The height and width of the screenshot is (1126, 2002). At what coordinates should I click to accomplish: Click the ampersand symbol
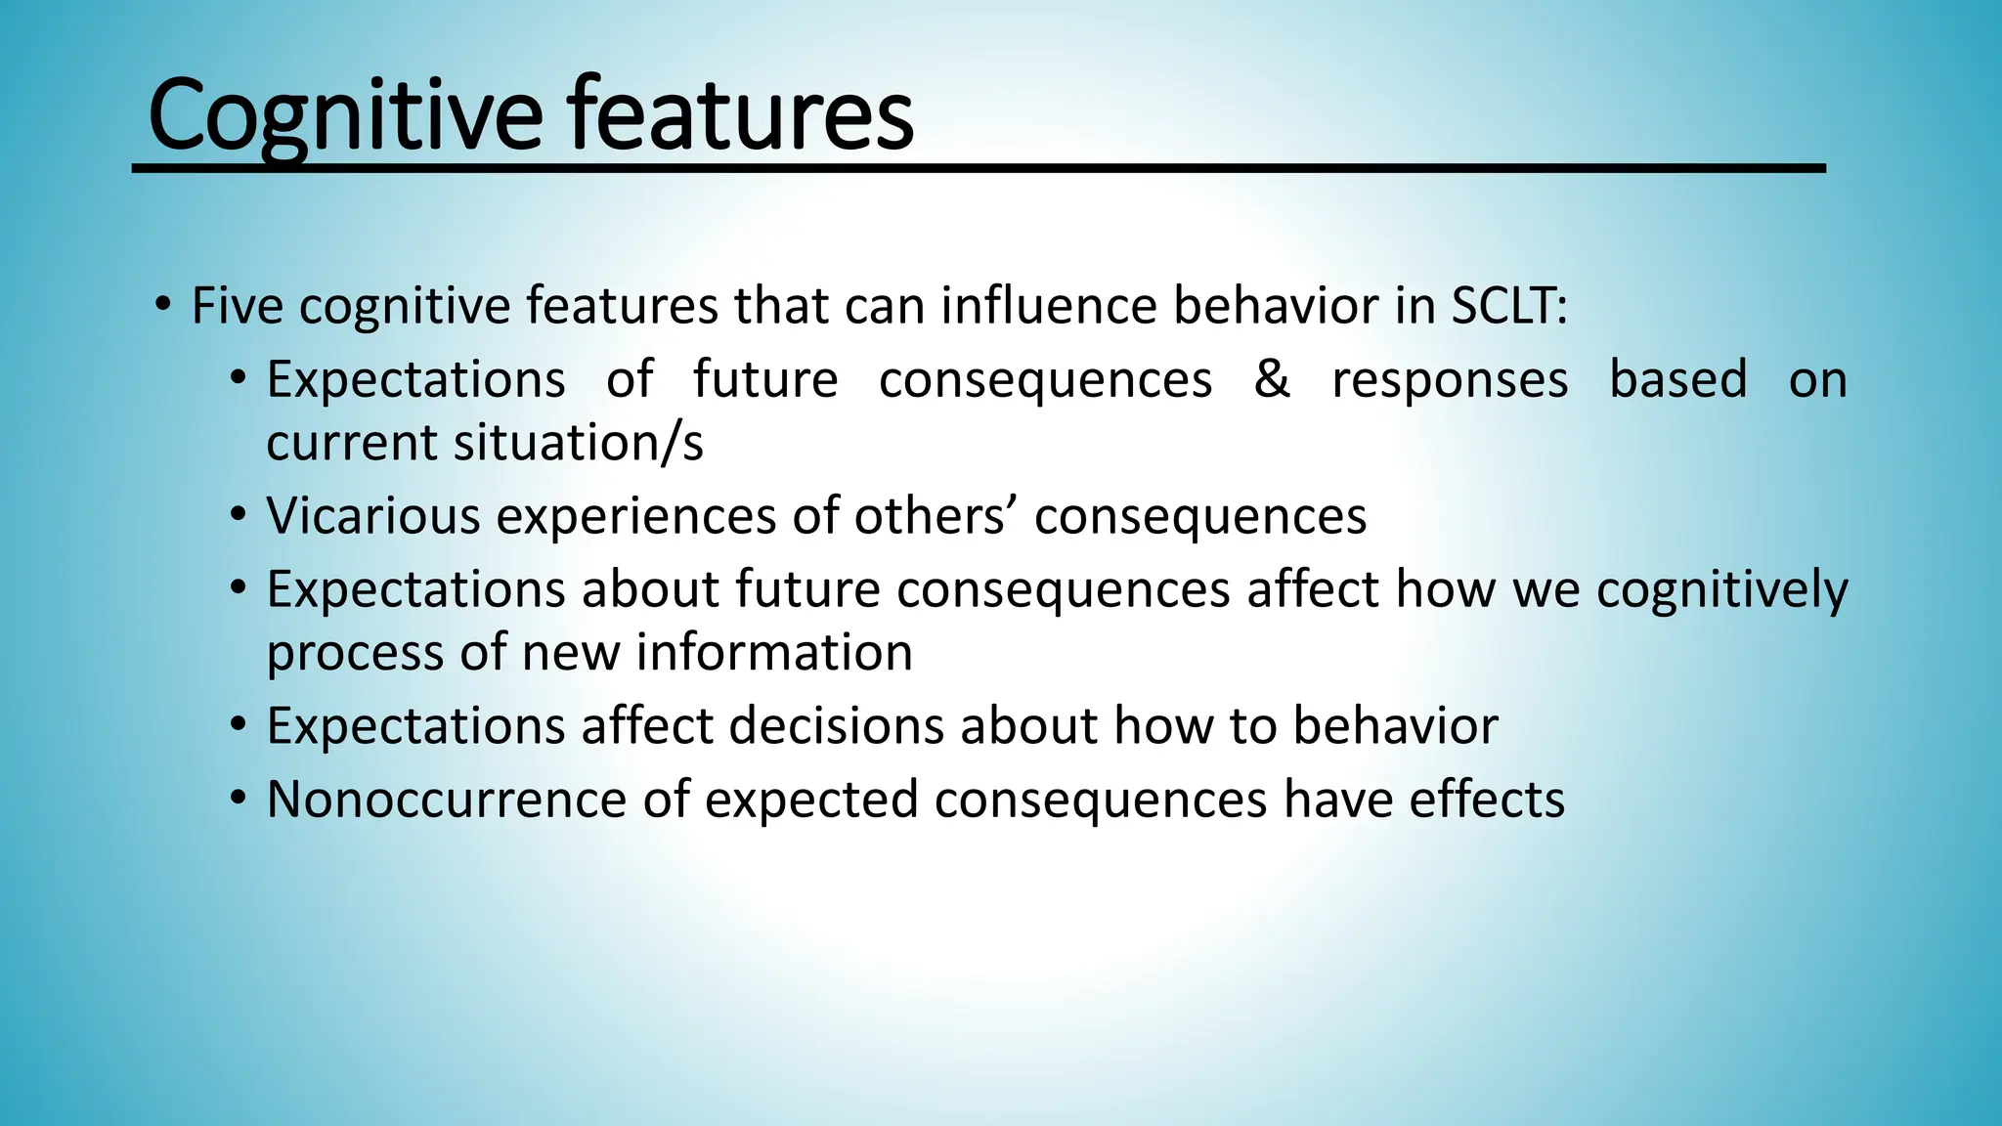[1272, 379]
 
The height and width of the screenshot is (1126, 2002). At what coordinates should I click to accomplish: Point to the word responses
[1450, 379]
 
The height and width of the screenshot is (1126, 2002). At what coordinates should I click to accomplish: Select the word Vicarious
[372, 516]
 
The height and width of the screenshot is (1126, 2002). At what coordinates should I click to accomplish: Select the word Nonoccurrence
[446, 800]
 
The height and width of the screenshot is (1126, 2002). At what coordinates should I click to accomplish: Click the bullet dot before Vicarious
[239, 514]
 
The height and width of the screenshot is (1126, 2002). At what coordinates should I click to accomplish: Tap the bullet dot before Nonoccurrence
[239, 799]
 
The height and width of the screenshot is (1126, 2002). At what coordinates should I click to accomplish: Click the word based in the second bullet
[1677, 379]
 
